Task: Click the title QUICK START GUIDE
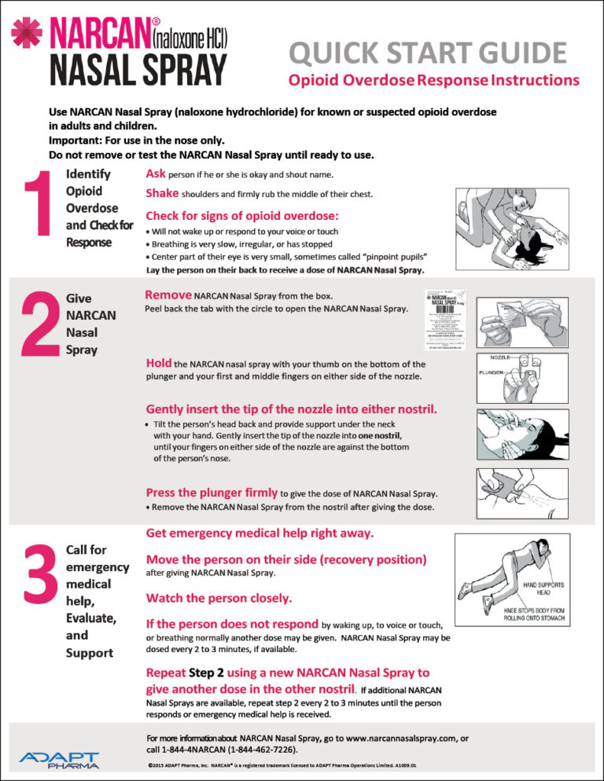click(x=427, y=53)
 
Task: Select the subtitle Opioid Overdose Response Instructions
click(x=433, y=80)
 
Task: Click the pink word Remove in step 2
click(x=168, y=295)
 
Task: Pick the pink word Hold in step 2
click(x=158, y=364)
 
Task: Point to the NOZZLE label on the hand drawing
click(x=500, y=357)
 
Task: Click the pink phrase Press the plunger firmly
click(x=211, y=493)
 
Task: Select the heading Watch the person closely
click(x=219, y=598)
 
